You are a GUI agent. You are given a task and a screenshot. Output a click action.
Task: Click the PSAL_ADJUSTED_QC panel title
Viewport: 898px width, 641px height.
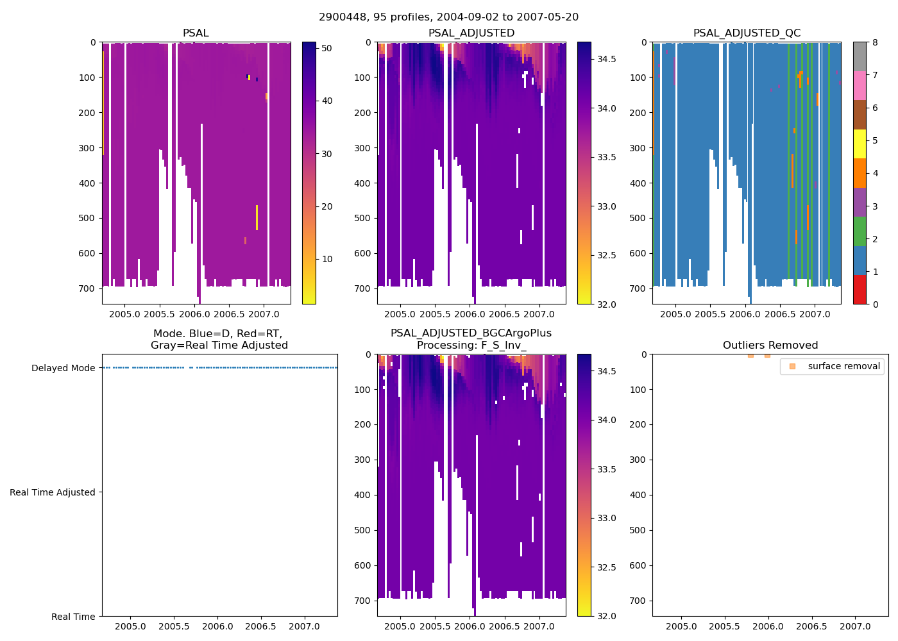[747, 33]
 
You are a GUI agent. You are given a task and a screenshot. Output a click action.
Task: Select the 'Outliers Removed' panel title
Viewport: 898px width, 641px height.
[770, 345]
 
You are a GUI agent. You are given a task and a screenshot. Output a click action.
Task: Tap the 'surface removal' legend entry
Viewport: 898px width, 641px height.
[843, 366]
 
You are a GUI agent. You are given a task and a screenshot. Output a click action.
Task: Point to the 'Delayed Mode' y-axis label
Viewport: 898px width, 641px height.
[63, 368]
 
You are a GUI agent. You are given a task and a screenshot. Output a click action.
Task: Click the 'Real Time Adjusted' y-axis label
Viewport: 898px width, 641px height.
[52, 492]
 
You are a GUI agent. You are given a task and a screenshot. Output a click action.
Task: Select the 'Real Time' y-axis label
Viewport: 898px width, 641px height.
[73, 617]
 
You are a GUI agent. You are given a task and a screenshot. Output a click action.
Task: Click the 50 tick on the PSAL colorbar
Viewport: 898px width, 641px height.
[326, 48]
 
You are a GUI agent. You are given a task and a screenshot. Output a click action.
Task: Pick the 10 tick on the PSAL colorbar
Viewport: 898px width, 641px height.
[326, 259]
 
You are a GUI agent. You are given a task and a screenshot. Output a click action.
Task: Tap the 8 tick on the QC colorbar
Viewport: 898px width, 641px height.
[875, 42]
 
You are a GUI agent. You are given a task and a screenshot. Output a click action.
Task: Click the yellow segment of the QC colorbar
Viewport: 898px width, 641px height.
[860, 144]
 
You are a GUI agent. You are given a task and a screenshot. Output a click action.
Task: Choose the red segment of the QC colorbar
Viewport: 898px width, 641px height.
[860, 290]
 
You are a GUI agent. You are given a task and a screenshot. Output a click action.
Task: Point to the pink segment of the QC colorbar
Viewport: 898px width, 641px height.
[860, 86]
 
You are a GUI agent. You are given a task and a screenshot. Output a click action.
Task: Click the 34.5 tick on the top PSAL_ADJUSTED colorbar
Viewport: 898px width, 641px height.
[606, 59]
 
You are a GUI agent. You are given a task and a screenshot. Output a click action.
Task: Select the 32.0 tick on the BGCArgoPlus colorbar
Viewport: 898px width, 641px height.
[606, 616]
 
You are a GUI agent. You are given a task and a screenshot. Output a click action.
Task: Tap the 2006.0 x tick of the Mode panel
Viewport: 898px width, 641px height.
[217, 626]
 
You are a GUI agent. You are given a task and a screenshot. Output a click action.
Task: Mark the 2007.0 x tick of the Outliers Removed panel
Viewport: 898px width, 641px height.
[855, 626]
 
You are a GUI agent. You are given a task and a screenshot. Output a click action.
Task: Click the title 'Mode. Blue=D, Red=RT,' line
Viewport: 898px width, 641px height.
[218, 333]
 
